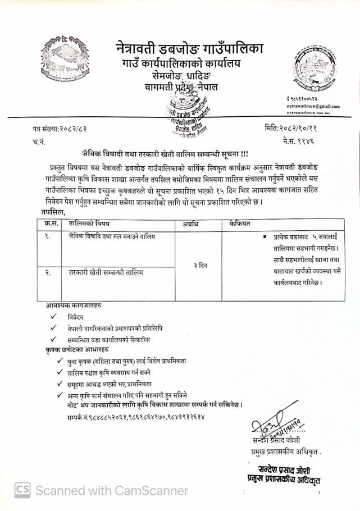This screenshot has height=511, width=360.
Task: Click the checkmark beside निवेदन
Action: click(53, 317)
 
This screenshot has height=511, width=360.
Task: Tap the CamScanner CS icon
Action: click(22, 490)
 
